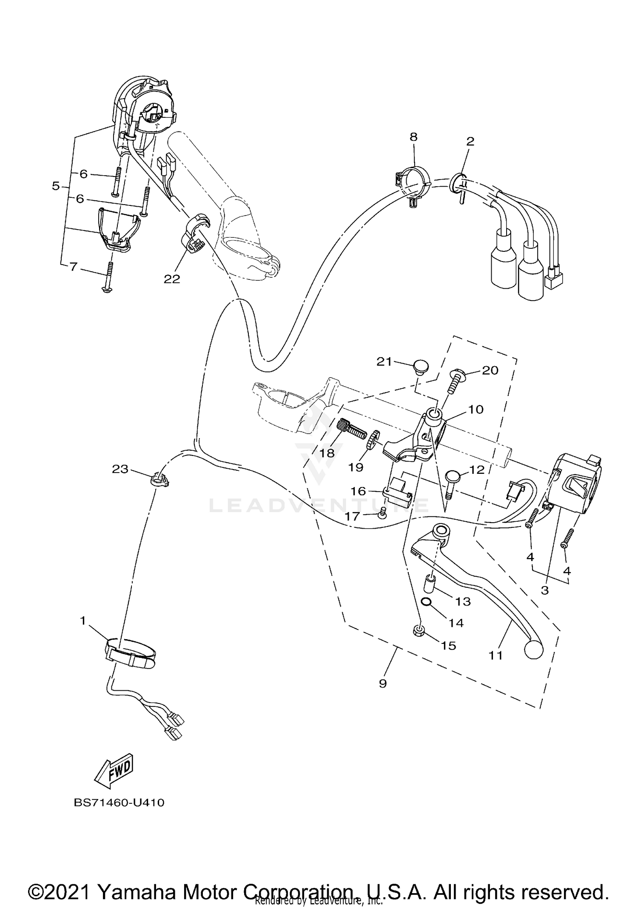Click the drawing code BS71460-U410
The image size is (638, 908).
pos(119,803)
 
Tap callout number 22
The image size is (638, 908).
pos(172,279)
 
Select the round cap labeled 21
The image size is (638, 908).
pos(420,366)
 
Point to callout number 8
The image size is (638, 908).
pos(413,137)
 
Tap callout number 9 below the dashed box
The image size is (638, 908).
pos(382,683)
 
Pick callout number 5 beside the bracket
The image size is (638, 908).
pos(56,186)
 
